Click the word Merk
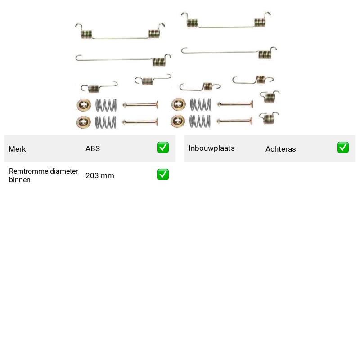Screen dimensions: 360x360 [17, 149]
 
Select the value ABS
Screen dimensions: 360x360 [93, 148]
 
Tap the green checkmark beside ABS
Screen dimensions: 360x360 [163, 148]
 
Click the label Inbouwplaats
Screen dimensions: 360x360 [211, 148]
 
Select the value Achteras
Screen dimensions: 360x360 [280, 149]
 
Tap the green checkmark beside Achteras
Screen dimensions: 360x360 [343, 148]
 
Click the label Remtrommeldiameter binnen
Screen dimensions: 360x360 [43, 175]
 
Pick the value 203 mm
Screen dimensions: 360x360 [99, 175]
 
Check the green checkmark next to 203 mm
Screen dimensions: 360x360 [163, 175]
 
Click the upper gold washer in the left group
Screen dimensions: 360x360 [84, 105]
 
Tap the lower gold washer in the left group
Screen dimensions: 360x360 [84, 122]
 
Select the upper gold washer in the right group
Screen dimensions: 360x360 [179, 104]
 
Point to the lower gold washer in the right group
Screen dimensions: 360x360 [178, 121]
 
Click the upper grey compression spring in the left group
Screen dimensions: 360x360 [106, 105]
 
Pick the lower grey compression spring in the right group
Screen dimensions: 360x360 [200, 121]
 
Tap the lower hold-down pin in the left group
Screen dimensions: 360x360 [140, 122]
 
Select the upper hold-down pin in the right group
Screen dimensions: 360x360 [235, 104]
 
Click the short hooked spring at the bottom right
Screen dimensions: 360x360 [269, 118]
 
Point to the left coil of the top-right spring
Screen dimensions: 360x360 [193, 23]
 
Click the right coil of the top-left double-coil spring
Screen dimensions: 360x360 [154, 34]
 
